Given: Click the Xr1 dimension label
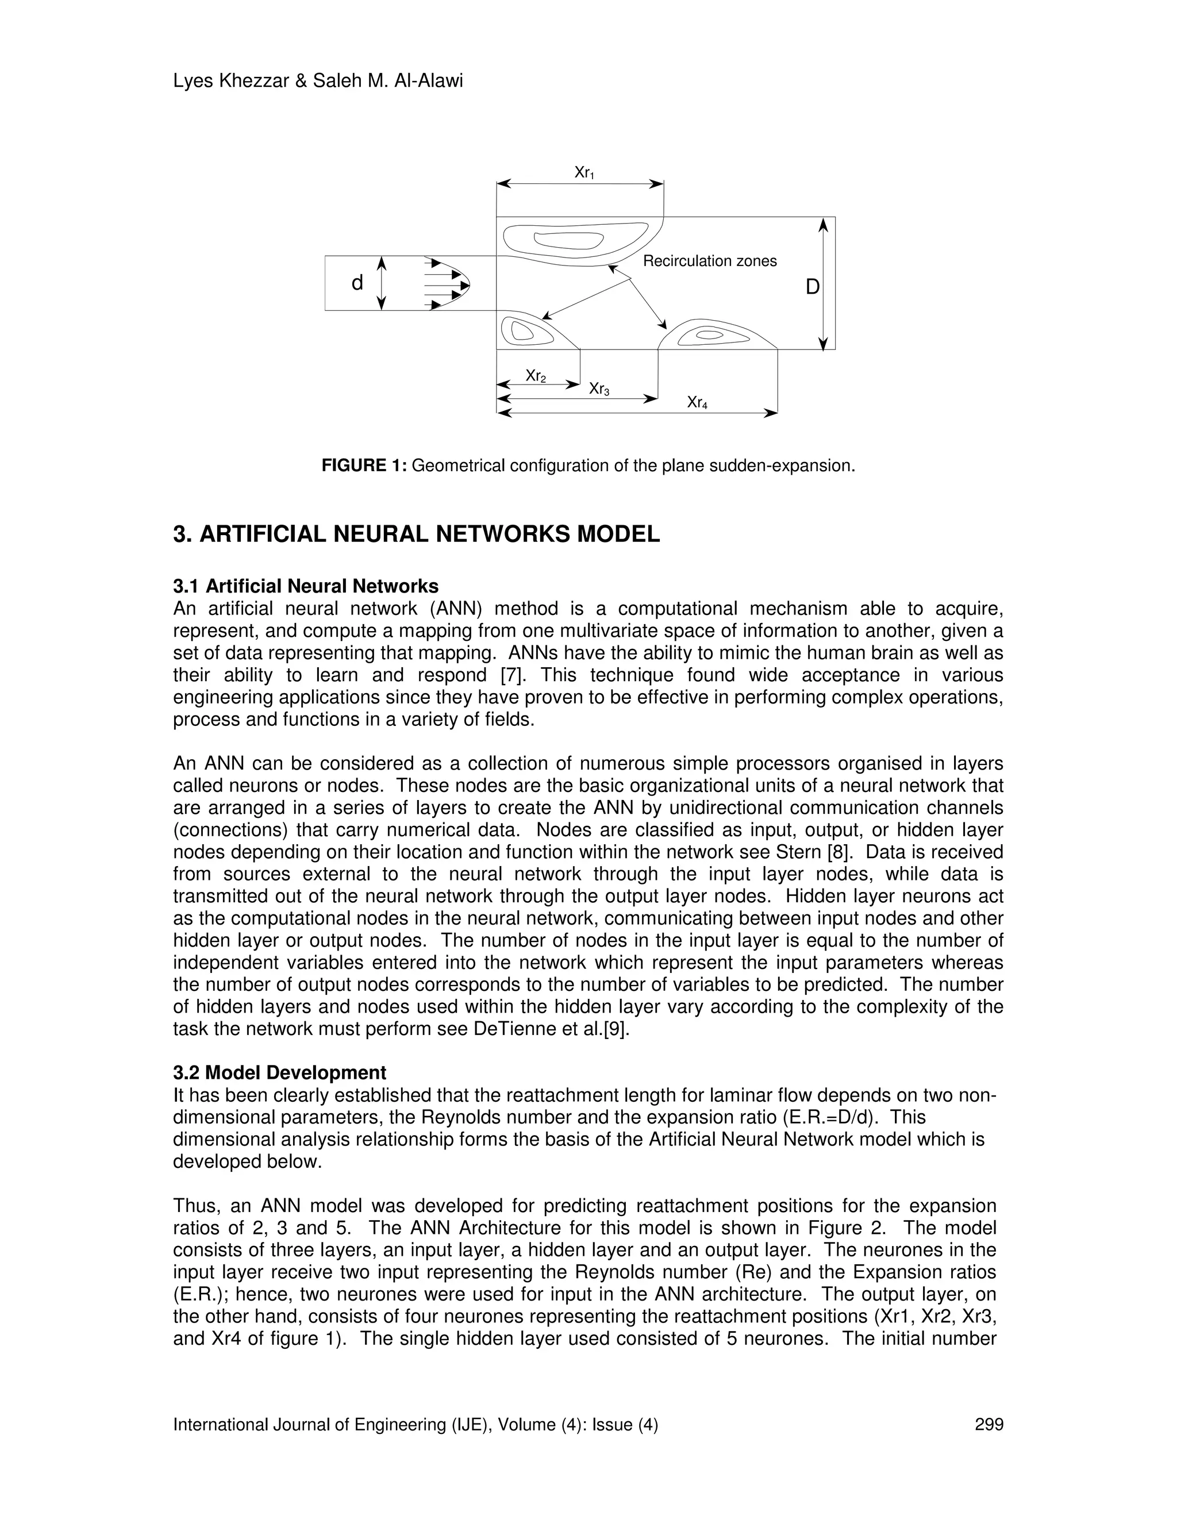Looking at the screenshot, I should tap(584, 173).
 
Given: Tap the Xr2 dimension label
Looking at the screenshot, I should tap(536, 376).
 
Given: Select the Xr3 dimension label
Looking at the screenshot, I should tap(599, 389).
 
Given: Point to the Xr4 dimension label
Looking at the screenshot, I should tap(697, 403).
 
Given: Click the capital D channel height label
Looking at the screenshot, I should tap(812, 287).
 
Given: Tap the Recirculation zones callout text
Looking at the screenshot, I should tap(709, 261).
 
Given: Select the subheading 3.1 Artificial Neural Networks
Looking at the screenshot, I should tap(305, 586).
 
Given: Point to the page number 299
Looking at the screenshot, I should tap(988, 1425).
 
